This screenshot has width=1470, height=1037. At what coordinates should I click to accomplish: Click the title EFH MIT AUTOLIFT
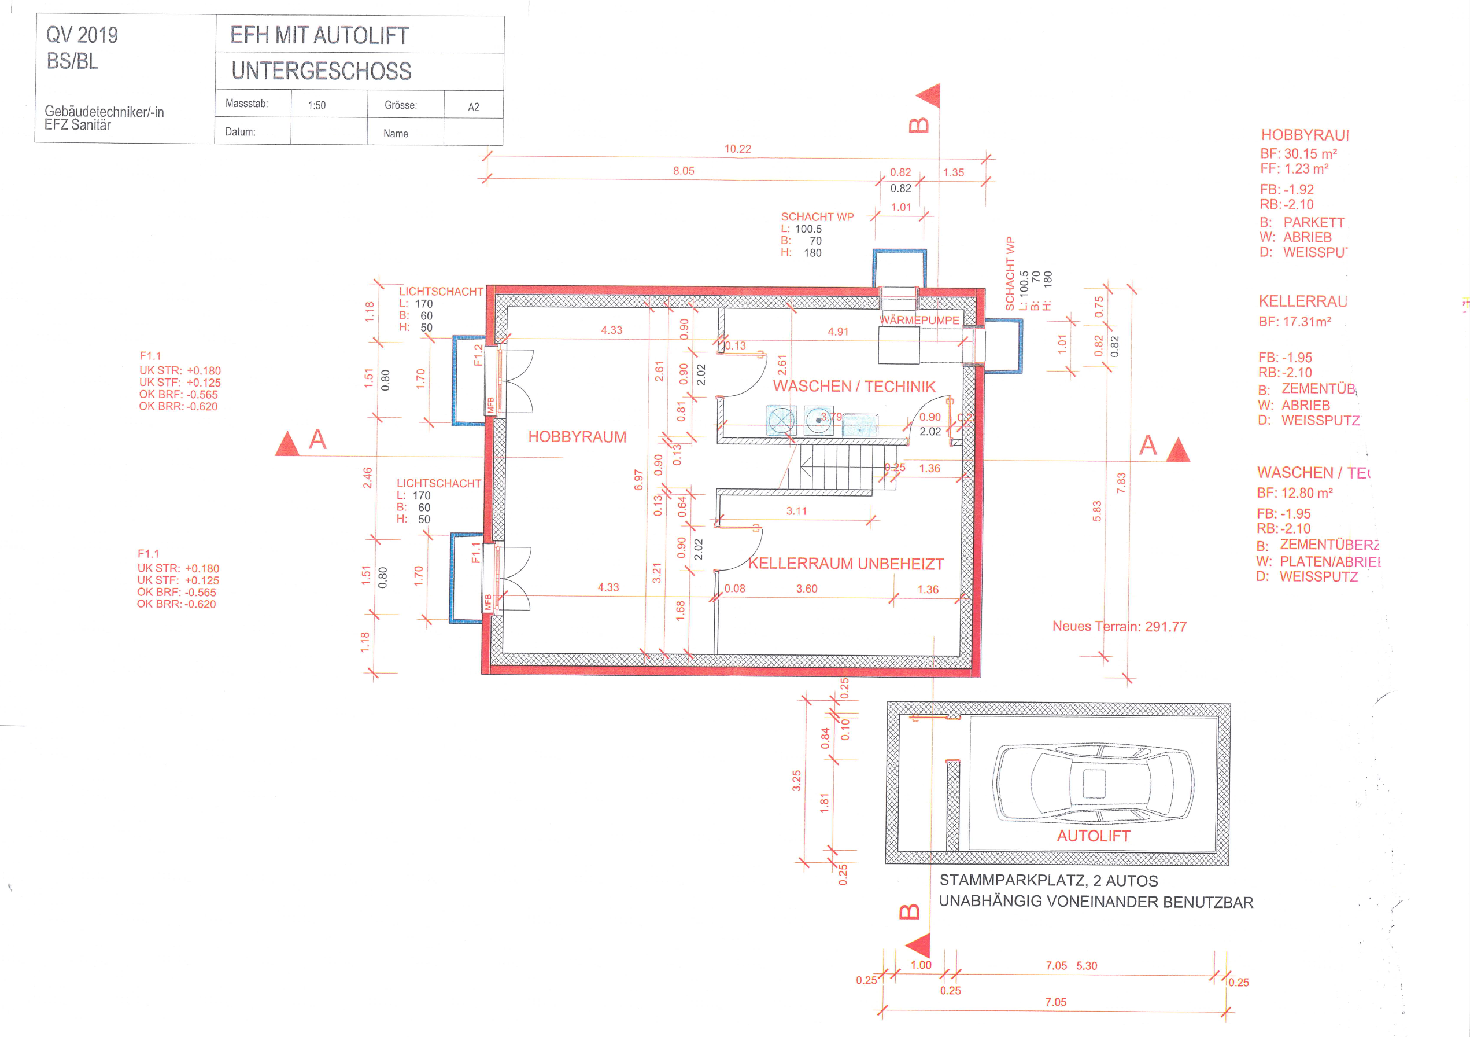pos(319,36)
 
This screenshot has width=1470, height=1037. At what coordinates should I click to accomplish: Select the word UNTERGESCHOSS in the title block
pos(322,71)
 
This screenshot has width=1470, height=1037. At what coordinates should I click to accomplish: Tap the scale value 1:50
pos(316,106)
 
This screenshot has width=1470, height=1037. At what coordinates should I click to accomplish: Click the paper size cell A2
pos(473,107)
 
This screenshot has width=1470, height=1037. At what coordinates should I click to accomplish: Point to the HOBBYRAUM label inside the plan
pos(577,437)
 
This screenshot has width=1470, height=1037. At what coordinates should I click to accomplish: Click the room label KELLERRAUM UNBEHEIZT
pos(846,564)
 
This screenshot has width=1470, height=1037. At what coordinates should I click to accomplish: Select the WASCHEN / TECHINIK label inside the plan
pos(854,386)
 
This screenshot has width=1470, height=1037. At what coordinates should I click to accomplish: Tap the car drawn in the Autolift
pos(1094,783)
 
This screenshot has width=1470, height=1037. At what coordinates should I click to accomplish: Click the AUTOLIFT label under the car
pos(1093,836)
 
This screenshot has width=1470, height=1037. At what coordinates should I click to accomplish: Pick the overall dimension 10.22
pos(737,149)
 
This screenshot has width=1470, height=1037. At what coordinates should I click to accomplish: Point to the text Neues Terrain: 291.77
pos(1119,627)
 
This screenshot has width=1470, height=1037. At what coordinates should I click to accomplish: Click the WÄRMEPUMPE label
pos(919,320)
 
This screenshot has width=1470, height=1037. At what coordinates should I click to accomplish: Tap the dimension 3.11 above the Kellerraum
pos(796,511)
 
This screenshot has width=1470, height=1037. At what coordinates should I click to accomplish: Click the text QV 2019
pos(82,35)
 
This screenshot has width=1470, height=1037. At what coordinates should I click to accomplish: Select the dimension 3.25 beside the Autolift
pos(796,780)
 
